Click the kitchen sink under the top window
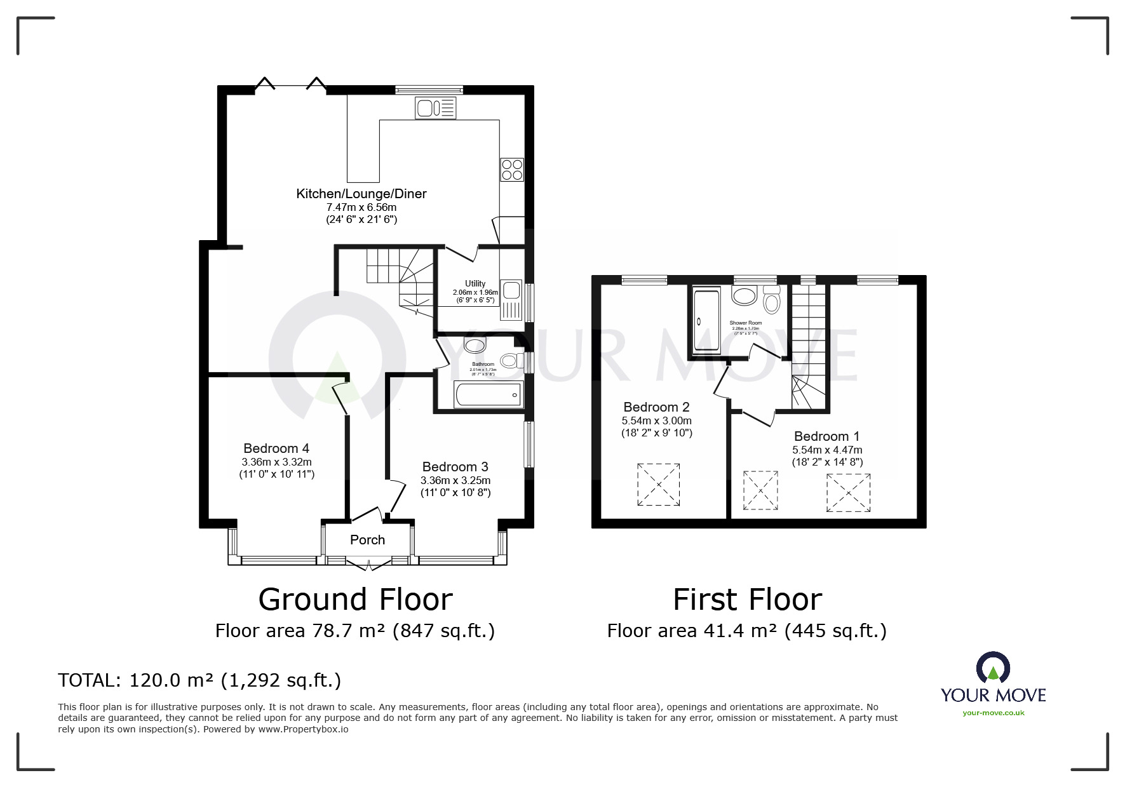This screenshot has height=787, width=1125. pos(436,107)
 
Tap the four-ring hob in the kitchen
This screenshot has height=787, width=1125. pos(512,170)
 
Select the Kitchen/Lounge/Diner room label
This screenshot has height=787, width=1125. pos(361,194)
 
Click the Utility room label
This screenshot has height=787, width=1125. pos(475,284)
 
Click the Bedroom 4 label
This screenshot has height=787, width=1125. pos(276,448)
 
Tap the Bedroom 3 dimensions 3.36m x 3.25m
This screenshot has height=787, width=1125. pos(455,480)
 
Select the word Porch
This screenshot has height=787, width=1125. pos(367,540)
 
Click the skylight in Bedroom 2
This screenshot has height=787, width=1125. pos(659,485)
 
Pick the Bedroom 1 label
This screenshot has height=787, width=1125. pos(826,436)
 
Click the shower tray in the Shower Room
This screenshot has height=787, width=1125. pos(706,321)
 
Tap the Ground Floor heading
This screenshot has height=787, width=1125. pos(355,599)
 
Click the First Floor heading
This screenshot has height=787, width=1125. pos(747,599)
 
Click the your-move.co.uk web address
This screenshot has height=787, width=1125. pos(993,713)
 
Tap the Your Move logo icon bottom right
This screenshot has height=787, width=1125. pos(993,668)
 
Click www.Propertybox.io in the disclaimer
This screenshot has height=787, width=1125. pos(303,729)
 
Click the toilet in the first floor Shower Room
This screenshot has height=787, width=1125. pos(772,301)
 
